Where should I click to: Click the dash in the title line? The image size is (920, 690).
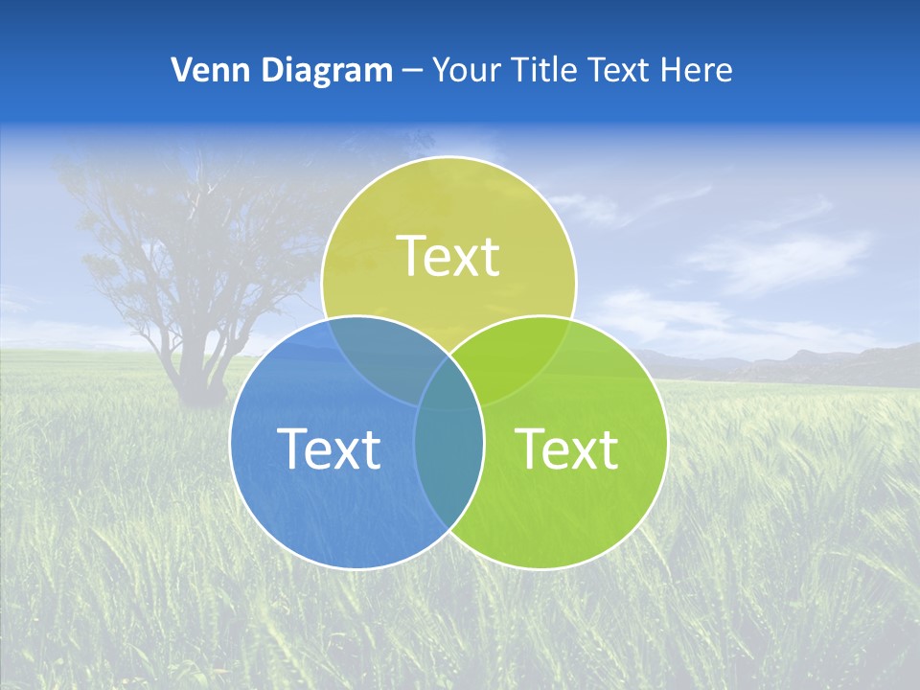pos(412,71)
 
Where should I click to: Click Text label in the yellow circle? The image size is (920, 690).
pos(448,257)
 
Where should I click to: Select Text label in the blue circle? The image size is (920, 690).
pos(329,448)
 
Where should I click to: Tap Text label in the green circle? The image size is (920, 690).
pos(566,448)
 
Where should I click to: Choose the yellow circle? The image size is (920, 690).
pos(448,211)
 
